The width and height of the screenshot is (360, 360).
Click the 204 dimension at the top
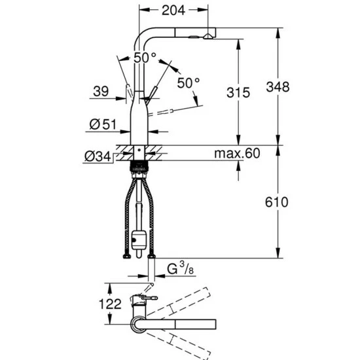click(173, 10)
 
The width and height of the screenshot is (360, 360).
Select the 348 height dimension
click(278, 87)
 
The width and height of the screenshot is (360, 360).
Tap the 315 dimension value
click(238, 92)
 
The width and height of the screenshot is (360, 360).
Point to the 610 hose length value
click(276, 202)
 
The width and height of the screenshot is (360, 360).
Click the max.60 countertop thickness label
click(237, 153)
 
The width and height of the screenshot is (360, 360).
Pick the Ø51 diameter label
click(103, 124)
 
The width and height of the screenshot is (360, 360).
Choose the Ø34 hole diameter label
click(98, 156)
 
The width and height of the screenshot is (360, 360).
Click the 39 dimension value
click(101, 91)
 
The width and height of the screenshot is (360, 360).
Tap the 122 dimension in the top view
click(110, 304)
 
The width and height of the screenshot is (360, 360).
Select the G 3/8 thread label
click(180, 268)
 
